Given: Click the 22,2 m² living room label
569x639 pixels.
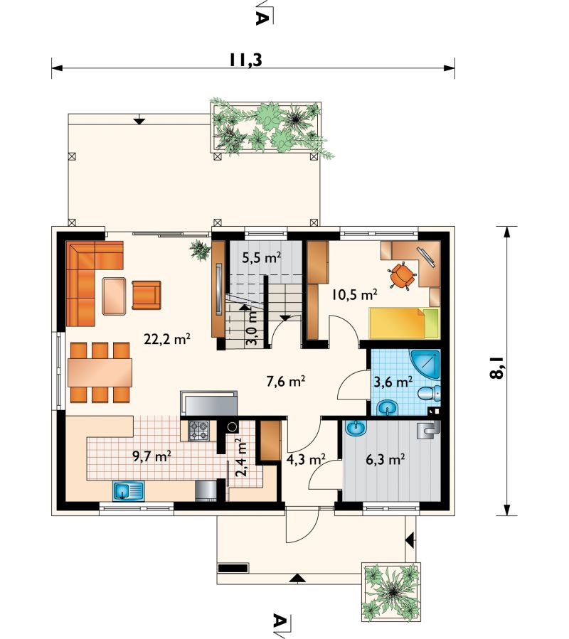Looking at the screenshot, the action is pyautogui.click(x=167, y=339).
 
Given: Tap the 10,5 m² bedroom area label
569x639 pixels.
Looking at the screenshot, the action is pyautogui.click(x=354, y=294).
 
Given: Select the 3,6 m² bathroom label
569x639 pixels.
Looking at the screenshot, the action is pyautogui.click(x=393, y=382).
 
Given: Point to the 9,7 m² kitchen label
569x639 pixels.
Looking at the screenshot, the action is pyautogui.click(x=151, y=456).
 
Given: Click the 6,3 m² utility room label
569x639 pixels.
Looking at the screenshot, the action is pyautogui.click(x=385, y=460).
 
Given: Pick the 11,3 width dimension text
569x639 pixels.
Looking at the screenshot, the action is pyautogui.click(x=245, y=60).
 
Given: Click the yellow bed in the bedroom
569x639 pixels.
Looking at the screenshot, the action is pyautogui.click(x=405, y=323).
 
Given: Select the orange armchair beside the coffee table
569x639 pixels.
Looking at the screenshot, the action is pyautogui.click(x=147, y=295).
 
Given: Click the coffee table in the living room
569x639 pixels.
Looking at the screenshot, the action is pyautogui.click(x=114, y=296).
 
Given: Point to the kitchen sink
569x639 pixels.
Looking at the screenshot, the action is pyautogui.click(x=129, y=491).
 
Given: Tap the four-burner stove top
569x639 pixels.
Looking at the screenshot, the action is pyautogui.click(x=198, y=431).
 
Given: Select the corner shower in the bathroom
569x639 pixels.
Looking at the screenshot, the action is pyautogui.click(x=426, y=365).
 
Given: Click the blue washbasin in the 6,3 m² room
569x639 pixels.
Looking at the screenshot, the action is pyautogui.click(x=356, y=428).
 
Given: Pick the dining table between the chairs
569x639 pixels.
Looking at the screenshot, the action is pyautogui.click(x=100, y=372).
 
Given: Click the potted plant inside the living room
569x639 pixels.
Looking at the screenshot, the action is pyautogui.click(x=200, y=249).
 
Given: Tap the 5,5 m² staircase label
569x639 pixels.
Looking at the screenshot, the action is pyautogui.click(x=262, y=257).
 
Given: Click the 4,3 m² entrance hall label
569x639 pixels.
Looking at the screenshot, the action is pyautogui.click(x=306, y=459).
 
